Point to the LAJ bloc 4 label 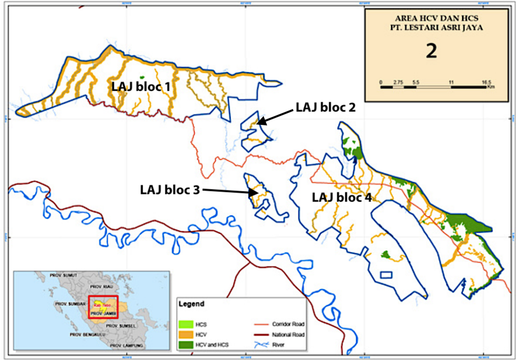click(342, 197)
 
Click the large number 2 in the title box click(431, 51)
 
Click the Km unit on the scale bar click(491, 87)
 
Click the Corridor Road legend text click(289, 324)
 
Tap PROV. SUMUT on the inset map click(63, 275)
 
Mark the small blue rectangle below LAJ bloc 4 click(385, 275)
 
